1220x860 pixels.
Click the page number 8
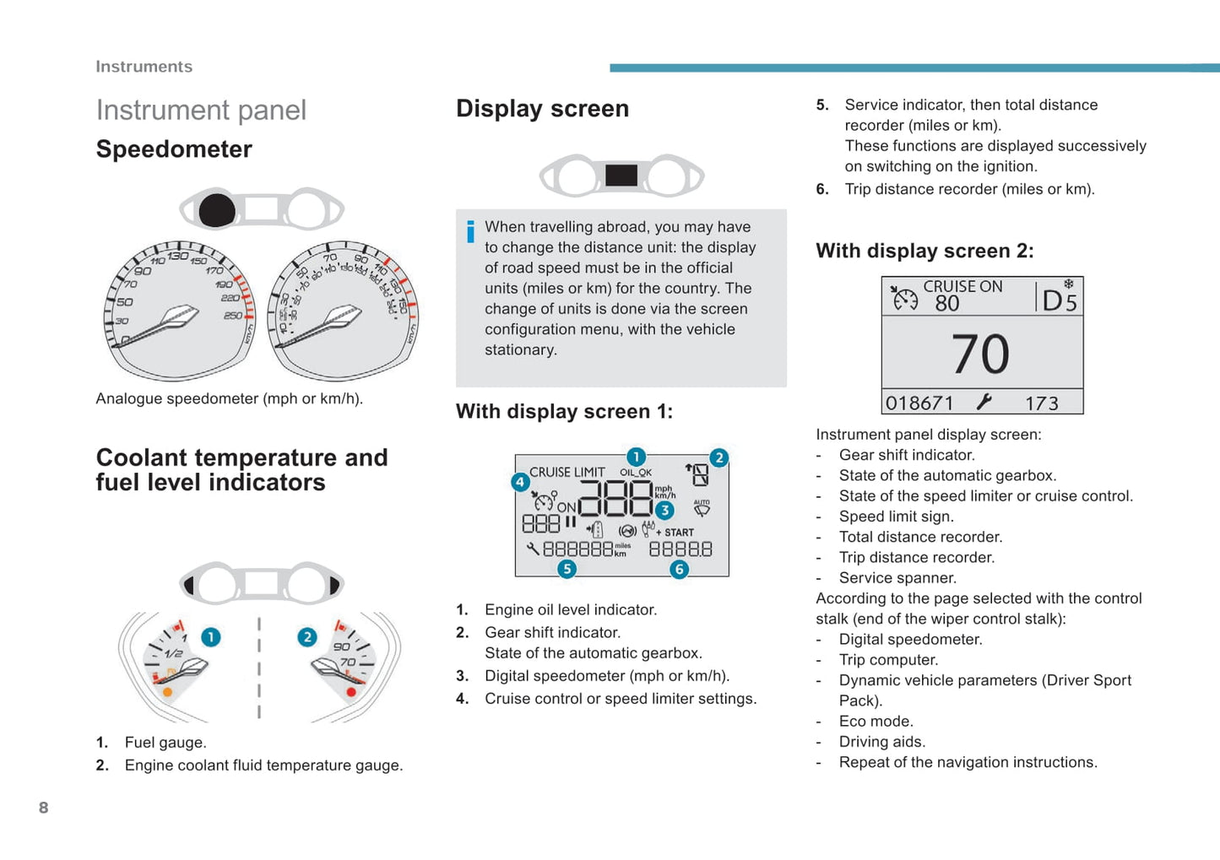tap(44, 808)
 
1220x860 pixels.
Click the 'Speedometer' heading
tap(174, 149)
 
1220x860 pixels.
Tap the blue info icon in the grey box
tap(470, 231)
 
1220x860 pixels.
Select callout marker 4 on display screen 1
tap(520, 482)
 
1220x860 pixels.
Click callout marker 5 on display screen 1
tap(567, 569)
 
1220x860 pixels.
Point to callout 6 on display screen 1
tap(679, 569)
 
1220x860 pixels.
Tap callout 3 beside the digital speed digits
tap(664, 510)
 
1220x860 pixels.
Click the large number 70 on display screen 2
tap(980, 354)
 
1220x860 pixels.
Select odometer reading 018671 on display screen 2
tap(919, 403)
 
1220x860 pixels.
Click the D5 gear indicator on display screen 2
tap(1060, 300)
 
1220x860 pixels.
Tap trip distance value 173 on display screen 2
tap(1041, 403)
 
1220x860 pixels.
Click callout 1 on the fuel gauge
tap(211, 637)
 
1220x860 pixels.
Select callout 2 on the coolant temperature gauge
tap(307, 637)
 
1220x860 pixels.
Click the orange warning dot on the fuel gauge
tap(167, 692)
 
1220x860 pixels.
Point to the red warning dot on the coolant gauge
tap(351, 692)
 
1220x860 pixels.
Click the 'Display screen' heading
tap(542, 109)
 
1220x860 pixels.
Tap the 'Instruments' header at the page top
tap(144, 67)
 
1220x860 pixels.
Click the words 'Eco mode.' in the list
tap(876, 722)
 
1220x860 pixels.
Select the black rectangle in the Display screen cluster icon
tap(621, 176)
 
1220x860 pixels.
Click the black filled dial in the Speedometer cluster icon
tap(217, 210)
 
